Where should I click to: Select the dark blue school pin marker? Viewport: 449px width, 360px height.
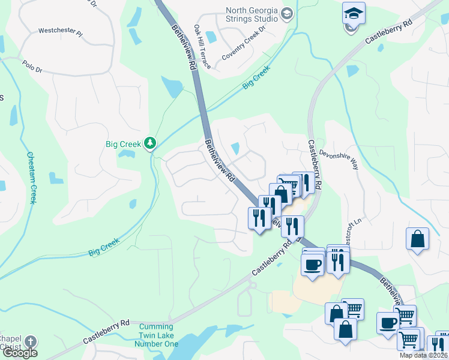pyautogui.click(x=354, y=13)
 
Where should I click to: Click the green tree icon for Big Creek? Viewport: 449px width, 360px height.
pyautogui.click(x=150, y=143)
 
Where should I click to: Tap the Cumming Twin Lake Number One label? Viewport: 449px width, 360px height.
pyautogui.click(x=158, y=336)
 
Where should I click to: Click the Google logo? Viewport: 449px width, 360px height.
pyautogui.click(x=20, y=353)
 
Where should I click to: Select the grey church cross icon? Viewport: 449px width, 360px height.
pyautogui.click(x=30, y=341)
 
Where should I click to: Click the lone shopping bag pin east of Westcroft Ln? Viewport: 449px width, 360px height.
pyautogui.click(x=417, y=239)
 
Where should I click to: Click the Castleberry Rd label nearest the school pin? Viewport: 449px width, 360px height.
pyautogui.click(x=389, y=31)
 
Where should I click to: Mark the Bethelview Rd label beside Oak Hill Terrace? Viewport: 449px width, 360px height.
pyautogui.click(x=184, y=46)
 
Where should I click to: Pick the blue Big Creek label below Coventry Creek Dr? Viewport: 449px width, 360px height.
pyautogui.click(x=257, y=78)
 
